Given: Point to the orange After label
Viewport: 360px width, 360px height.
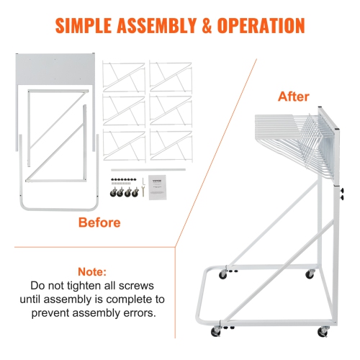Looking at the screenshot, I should tap(294, 96).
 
